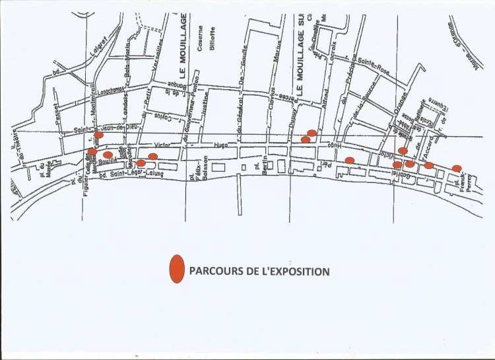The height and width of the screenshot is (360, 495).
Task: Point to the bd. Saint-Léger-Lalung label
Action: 129,174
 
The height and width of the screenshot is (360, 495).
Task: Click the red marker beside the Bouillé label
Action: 108,155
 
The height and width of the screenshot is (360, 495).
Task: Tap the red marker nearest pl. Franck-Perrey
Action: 457,168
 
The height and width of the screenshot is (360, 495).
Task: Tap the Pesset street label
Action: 57,116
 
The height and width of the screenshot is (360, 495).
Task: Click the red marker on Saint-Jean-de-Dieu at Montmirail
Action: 98,135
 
